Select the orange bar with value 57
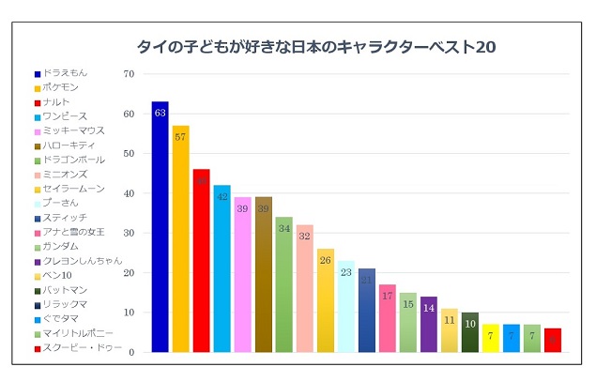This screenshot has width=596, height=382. [x=180, y=238]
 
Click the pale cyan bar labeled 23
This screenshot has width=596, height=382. [x=345, y=306]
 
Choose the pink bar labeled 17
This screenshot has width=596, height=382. [x=388, y=318]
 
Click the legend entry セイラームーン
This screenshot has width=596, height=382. [x=71, y=189]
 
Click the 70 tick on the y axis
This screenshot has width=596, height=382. [x=129, y=74]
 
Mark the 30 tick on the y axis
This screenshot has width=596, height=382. [x=129, y=233]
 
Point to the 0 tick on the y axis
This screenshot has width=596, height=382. [x=131, y=352]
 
